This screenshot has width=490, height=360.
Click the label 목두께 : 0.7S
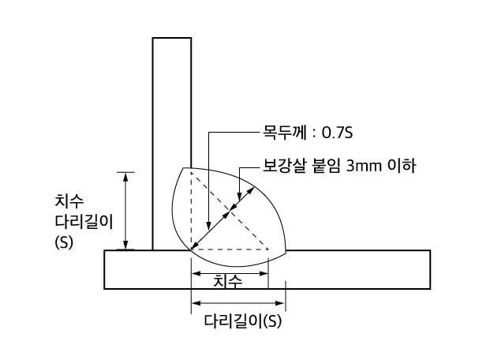pyautogui.click(x=308, y=133)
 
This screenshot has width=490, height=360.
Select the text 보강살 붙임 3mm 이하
pyautogui.click(x=339, y=166)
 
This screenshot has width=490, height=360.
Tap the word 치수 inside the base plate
pyautogui.click(x=228, y=281)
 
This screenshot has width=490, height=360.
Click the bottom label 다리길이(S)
pyautogui.click(x=243, y=321)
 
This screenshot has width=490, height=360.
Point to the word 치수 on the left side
pyautogui.click(x=69, y=201)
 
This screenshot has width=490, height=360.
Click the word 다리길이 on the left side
pyautogui.click(x=84, y=222)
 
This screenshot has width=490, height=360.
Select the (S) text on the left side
pyautogui.click(x=64, y=242)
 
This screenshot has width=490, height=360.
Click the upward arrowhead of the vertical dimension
pyautogui.click(x=125, y=177)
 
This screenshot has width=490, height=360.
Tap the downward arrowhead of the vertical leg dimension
pyautogui.click(x=125, y=245)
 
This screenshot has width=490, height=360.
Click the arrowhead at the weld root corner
pyautogui.click(x=194, y=246)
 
